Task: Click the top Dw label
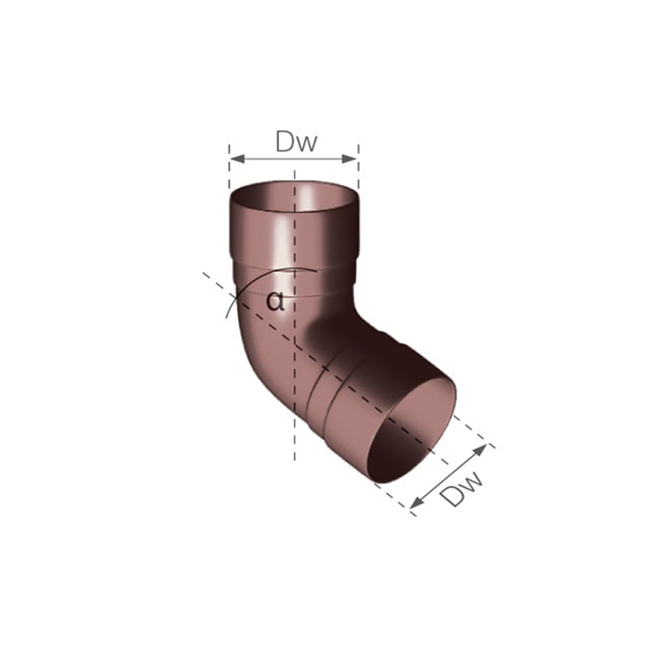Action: pyautogui.click(x=296, y=141)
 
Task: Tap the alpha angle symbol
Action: pyautogui.click(x=275, y=300)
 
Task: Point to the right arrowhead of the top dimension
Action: pyautogui.click(x=350, y=159)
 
